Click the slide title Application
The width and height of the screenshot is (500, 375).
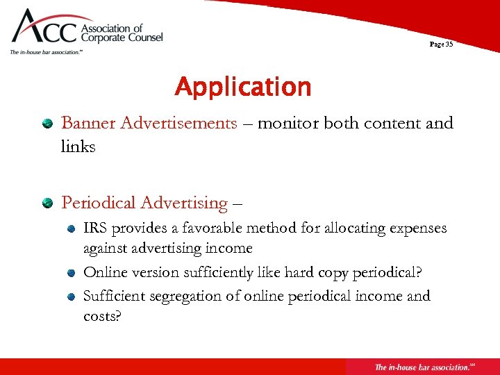(x=243, y=87)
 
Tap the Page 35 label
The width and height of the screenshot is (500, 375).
(x=441, y=44)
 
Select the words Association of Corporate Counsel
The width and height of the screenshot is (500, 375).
(x=122, y=33)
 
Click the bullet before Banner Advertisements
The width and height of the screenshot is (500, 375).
(x=47, y=124)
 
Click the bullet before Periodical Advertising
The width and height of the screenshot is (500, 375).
(x=47, y=203)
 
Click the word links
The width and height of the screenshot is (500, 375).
(x=78, y=147)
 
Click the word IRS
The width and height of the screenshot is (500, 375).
(x=96, y=228)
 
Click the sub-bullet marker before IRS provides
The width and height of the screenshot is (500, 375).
(x=72, y=228)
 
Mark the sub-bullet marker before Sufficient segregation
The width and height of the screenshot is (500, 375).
(x=72, y=296)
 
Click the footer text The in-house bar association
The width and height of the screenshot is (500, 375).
(x=421, y=367)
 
